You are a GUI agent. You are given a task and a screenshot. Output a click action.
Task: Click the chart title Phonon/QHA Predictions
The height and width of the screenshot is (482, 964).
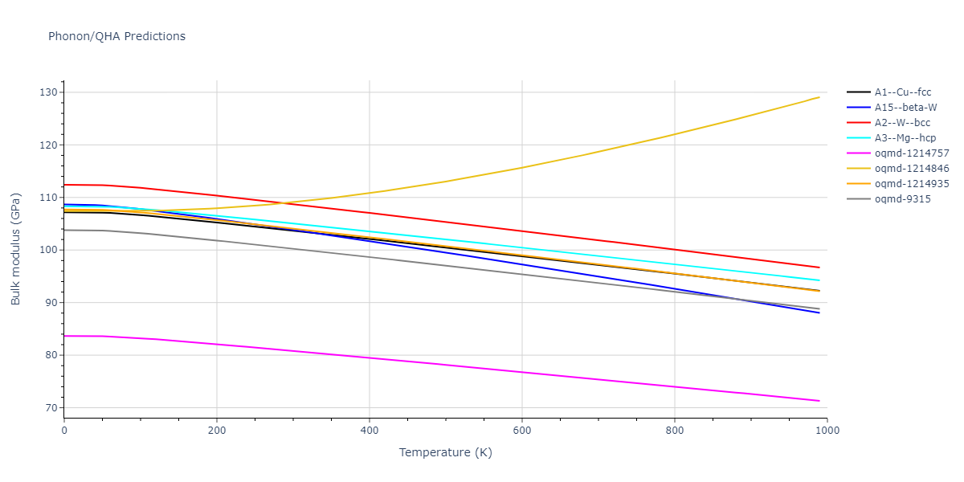(x=116, y=36)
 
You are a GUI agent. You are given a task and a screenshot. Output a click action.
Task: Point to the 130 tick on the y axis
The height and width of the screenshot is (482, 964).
(x=51, y=92)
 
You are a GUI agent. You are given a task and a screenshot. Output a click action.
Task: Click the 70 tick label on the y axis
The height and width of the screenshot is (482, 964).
(x=53, y=408)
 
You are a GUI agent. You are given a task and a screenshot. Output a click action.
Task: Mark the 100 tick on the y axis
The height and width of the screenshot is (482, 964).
(x=51, y=250)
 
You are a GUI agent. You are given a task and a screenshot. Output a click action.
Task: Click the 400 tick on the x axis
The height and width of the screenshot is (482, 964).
(x=370, y=431)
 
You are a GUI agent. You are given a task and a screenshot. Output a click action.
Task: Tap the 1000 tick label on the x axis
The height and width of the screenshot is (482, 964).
(x=827, y=431)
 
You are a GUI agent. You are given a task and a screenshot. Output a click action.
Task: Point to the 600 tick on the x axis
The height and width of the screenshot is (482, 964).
(x=522, y=431)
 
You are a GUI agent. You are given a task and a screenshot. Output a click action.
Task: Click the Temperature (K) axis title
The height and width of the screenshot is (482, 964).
(x=445, y=453)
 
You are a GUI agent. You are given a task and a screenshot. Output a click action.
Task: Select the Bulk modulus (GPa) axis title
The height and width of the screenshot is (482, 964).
(x=16, y=250)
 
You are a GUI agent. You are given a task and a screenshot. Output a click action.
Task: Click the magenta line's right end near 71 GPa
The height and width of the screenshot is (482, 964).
(x=819, y=401)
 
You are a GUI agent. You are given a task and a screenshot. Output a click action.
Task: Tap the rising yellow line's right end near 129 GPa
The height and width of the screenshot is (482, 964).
(x=819, y=97)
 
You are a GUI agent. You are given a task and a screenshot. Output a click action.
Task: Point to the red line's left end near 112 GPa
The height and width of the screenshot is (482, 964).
(x=65, y=185)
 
